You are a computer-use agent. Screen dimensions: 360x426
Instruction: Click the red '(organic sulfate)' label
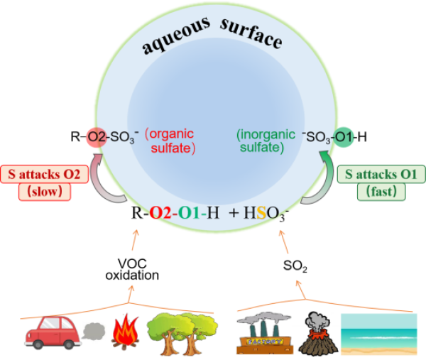pyautogui.click(x=171, y=141)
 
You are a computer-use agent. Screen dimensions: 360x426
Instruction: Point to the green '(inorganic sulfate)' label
pyautogui.click(x=261, y=141)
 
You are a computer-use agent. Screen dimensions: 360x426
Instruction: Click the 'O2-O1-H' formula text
pyautogui.click(x=185, y=212)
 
